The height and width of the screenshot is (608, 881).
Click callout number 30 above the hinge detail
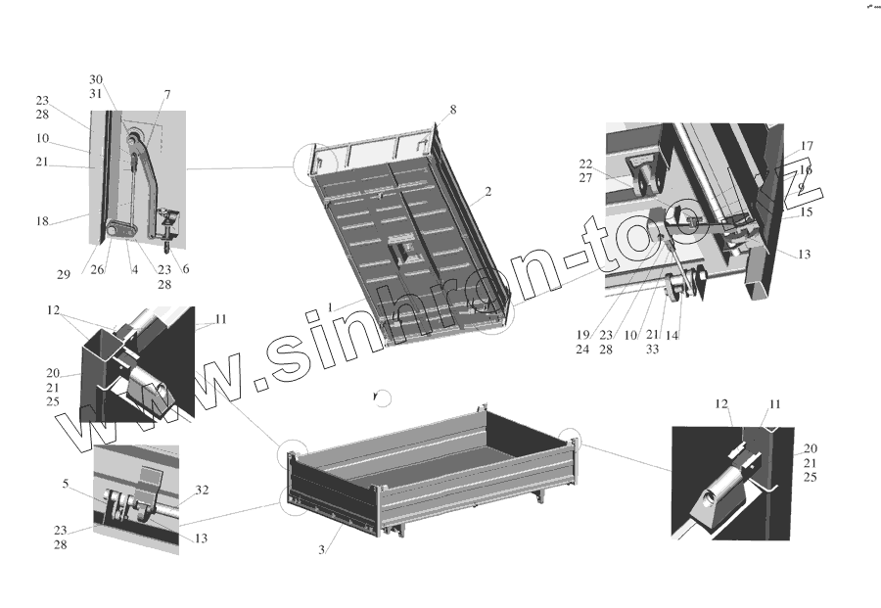tap(95, 78)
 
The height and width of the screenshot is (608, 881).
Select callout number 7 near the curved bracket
tap(167, 94)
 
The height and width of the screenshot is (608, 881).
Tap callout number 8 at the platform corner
tap(453, 109)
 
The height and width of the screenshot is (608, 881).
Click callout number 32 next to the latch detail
tap(203, 490)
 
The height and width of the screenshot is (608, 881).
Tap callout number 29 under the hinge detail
tap(64, 275)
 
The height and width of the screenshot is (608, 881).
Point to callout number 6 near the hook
tap(186, 269)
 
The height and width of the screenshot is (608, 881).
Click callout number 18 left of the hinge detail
tap(43, 222)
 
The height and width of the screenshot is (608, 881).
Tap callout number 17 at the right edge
tap(807, 146)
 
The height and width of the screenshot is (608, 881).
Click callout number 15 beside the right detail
tap(807, 211)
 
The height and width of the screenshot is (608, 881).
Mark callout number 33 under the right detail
tap(652, 348)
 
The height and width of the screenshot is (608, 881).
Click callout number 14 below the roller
tap(673, 334)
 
